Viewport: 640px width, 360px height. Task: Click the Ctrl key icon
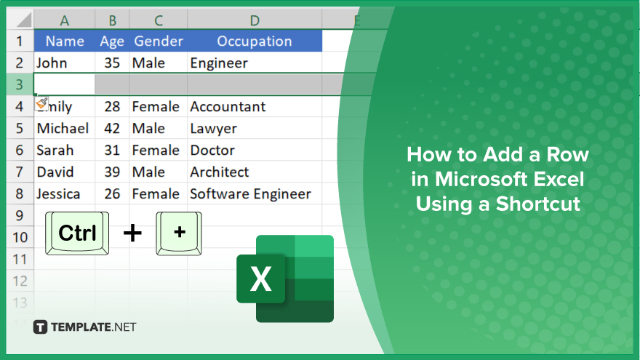[x=77, y=233]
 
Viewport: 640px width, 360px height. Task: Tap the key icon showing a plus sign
[x=179, y=233]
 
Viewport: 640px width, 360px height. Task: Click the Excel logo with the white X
[x=285, y=279]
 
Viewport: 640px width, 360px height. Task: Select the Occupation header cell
[x=255, y=41]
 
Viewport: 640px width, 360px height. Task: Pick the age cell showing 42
[x=112, y=129]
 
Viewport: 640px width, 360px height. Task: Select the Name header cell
[x=65, y=41]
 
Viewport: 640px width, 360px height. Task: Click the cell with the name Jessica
[x=65, y=194]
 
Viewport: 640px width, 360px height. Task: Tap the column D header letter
[x=255, y=20]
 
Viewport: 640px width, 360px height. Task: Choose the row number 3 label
[x=19, y=84]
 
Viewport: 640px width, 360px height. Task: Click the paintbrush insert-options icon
[x=41, y=103]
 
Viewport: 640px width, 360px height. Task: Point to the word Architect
[x=220, y=172]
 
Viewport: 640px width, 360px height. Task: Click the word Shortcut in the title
[x=538, y=204]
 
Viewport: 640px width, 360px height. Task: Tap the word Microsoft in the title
[x=475, y=179]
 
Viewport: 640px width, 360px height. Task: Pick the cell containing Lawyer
[x=255, y=129]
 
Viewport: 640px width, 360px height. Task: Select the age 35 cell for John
[x=112, y=63]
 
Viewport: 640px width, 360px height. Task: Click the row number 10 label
[x=20, y=237]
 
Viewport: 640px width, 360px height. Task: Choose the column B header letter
[x=112, y=20]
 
